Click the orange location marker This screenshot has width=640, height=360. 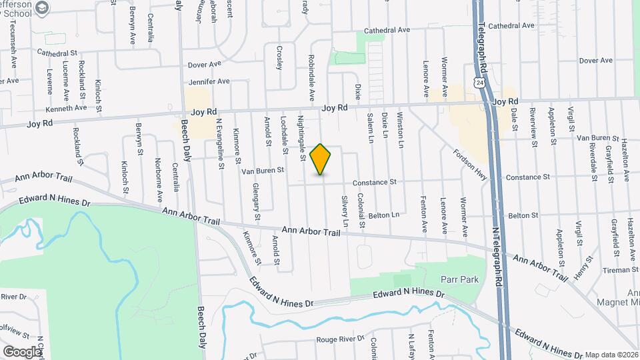click(x=321, y=159)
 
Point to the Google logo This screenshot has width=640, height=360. click(x=22, y=351)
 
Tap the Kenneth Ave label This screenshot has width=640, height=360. click(x=66, y=107)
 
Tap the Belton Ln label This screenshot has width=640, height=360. click(x=384, y=215)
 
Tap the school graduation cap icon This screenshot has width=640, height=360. click(x=43, y=8)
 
